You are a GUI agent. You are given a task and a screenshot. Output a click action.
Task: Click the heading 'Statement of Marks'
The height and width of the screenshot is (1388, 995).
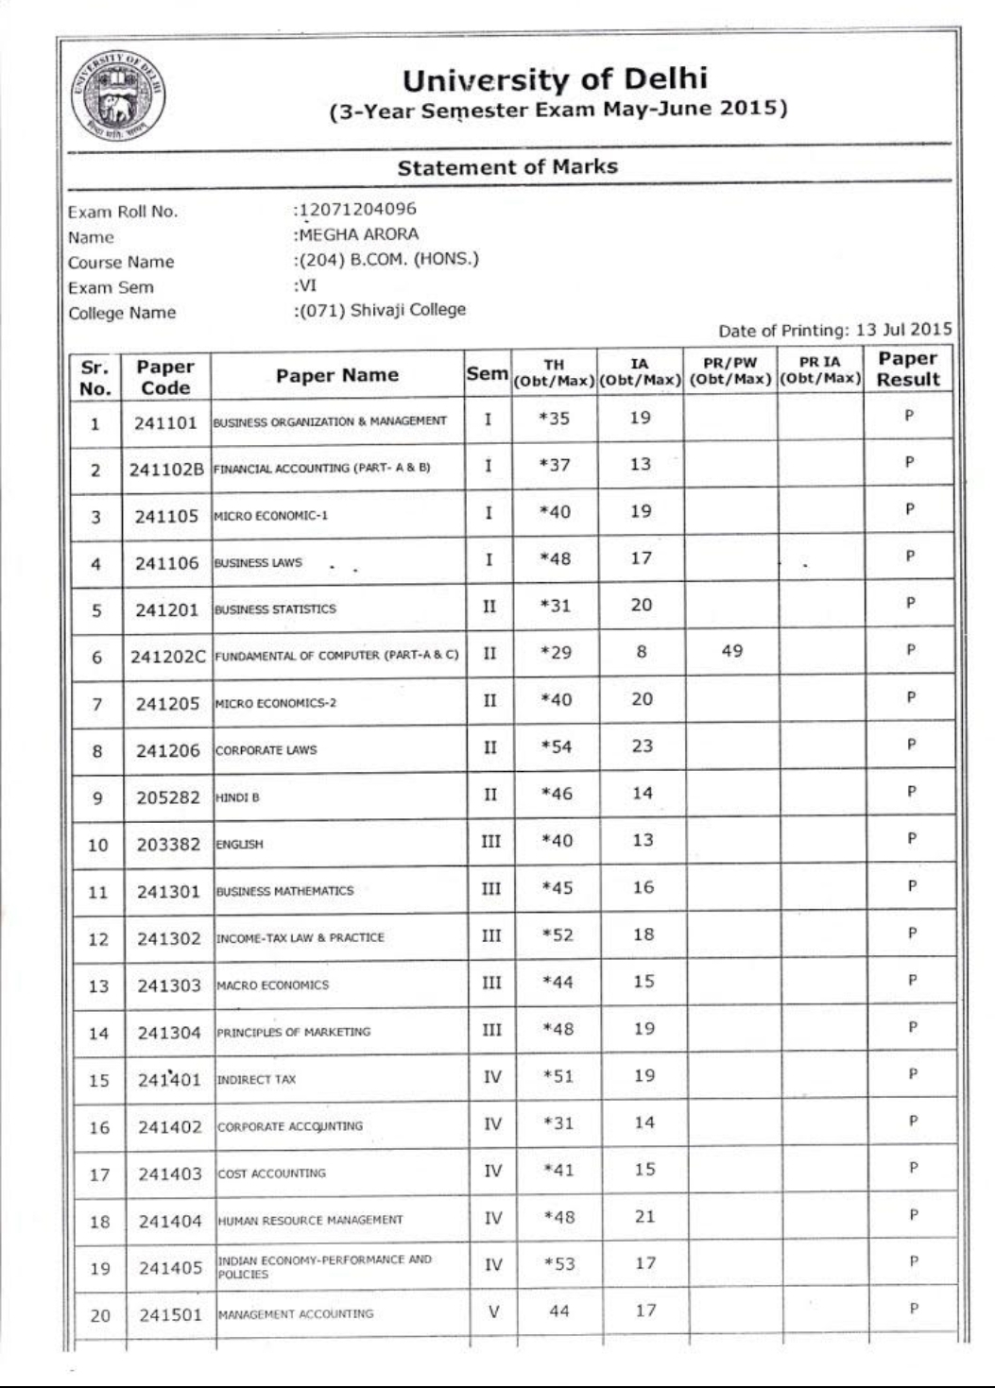[507, 167]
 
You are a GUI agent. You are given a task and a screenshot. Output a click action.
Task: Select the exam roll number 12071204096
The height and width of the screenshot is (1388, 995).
[357, 209]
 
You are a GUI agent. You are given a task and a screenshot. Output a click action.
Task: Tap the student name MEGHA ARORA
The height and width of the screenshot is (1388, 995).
[358, 234]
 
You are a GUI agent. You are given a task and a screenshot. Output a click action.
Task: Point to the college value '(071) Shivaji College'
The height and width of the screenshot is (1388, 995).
[382, 310]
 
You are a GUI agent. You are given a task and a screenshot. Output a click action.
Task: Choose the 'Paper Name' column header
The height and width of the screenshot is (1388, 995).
[336, 375]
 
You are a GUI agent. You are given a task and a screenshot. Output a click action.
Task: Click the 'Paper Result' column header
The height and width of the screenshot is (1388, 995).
[907, 369]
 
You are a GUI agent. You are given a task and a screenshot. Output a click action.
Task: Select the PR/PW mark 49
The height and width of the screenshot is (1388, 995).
[732, 651]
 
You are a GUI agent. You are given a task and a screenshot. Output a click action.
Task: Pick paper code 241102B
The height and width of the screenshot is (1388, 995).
[166, 470]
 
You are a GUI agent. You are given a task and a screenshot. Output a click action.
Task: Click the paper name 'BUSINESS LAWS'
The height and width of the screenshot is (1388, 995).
[258, 563]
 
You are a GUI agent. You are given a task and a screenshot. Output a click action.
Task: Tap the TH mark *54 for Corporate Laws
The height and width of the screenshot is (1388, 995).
[557, 746]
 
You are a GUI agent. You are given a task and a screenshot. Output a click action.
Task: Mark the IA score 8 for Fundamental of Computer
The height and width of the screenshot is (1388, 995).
[642, 651]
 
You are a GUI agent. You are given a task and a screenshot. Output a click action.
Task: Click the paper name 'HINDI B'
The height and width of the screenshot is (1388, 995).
[237, 797]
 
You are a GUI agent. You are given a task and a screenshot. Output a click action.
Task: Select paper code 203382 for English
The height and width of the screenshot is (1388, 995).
[168, 845]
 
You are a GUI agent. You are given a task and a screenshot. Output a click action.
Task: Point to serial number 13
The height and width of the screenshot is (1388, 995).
[98, 986]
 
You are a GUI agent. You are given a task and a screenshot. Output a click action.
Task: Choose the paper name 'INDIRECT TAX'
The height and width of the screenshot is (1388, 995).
[256, 1079]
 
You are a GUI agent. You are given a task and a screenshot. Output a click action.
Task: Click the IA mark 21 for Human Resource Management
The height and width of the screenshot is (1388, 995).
[644, 1217]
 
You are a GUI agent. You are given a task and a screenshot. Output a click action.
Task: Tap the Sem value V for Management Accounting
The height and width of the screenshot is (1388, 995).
[493, 1311]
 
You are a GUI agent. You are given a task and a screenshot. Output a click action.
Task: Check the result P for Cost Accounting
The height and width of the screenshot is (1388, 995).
[913, 1168]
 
